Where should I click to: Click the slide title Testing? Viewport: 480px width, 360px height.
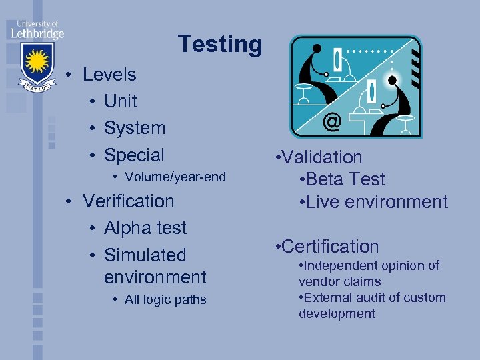pos(220,45)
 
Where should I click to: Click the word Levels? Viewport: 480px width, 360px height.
pos(109,75)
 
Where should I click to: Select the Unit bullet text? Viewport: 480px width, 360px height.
pos(121,101)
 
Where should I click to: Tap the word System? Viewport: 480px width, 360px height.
pos(135,128)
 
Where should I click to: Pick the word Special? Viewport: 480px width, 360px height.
pos(134,155)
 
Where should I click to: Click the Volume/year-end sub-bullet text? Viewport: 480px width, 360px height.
pos(175,177)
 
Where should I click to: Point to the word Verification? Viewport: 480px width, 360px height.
pos(128,201)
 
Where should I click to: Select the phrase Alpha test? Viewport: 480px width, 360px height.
pos(145,228)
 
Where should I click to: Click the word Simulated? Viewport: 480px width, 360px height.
pos(145,255)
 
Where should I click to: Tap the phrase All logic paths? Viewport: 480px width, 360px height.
pos(165,300)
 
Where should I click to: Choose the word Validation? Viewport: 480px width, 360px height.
pos(322,157)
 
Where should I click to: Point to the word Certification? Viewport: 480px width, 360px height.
pos(330,247)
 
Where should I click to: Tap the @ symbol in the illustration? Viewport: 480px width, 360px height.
pos(332,123)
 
